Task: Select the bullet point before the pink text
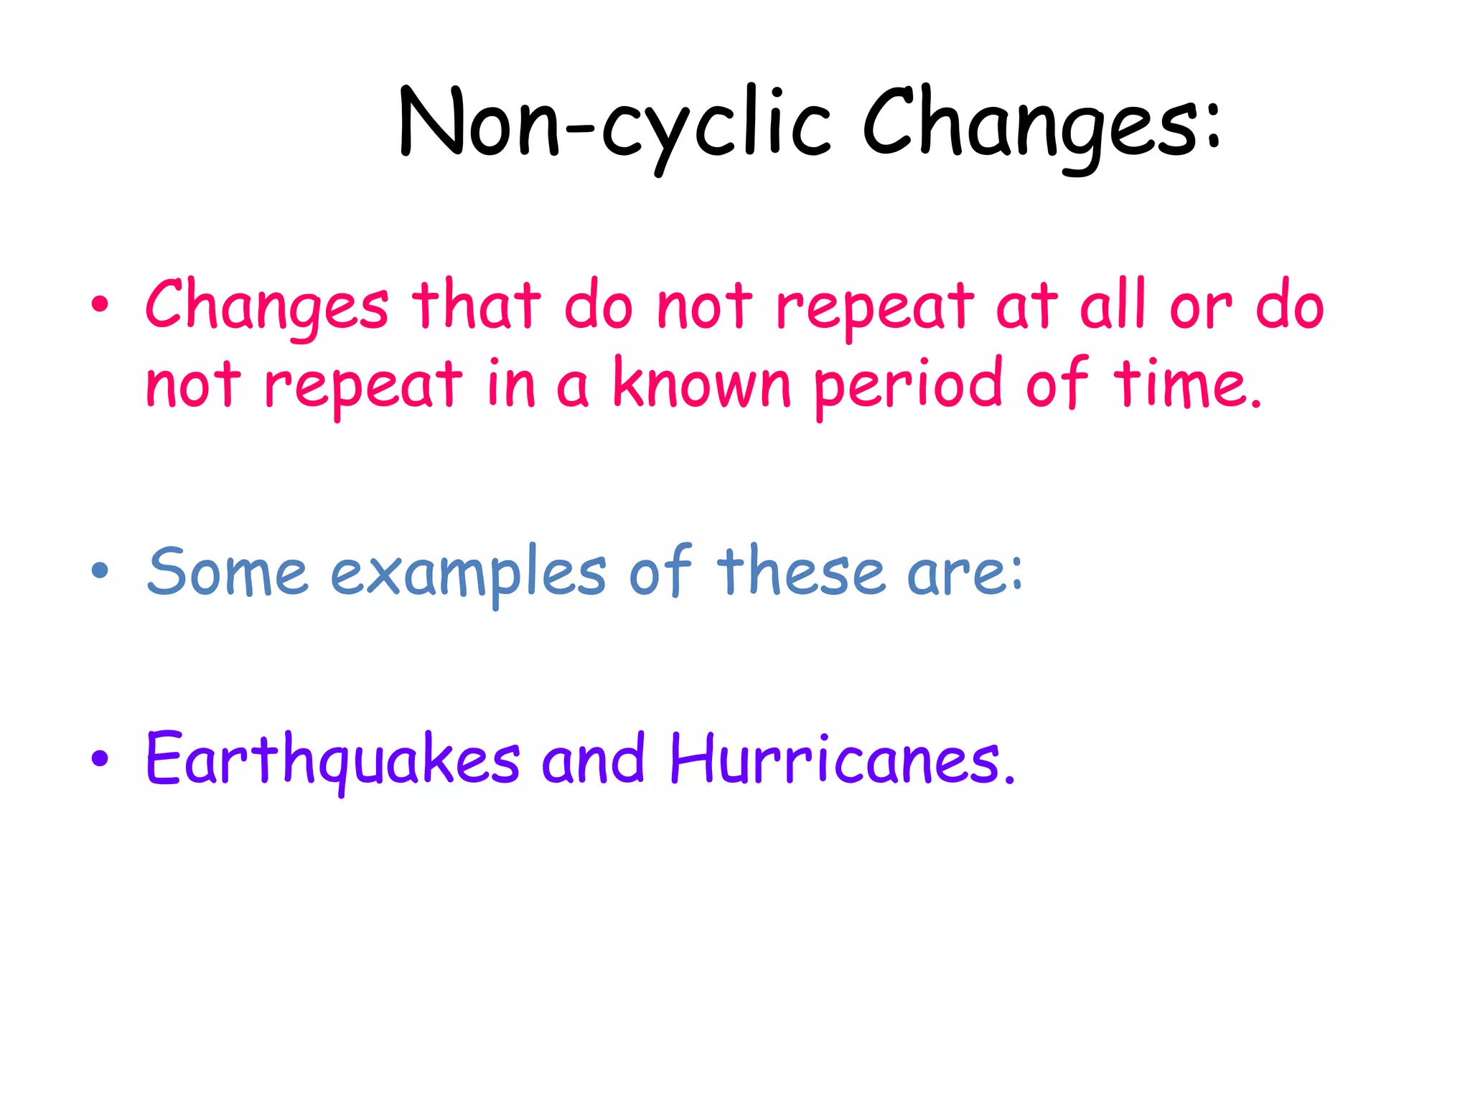[100, 304]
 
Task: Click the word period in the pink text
[907, 386]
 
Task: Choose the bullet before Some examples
[100, 571]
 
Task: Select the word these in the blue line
[800, 571]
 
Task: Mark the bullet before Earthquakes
[100, 758]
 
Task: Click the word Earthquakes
[332, 759]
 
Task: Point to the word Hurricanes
[840, 759]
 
